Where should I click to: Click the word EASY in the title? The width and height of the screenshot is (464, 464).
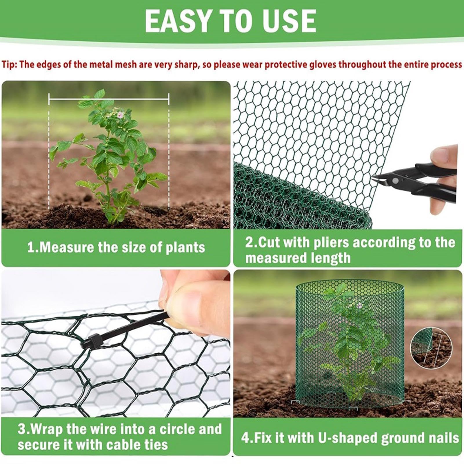click(x=177, y=21)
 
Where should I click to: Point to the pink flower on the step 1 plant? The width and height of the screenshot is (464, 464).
click(x=119, y=115)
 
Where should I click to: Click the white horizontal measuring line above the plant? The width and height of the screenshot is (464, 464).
click(x=109, y=99)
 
